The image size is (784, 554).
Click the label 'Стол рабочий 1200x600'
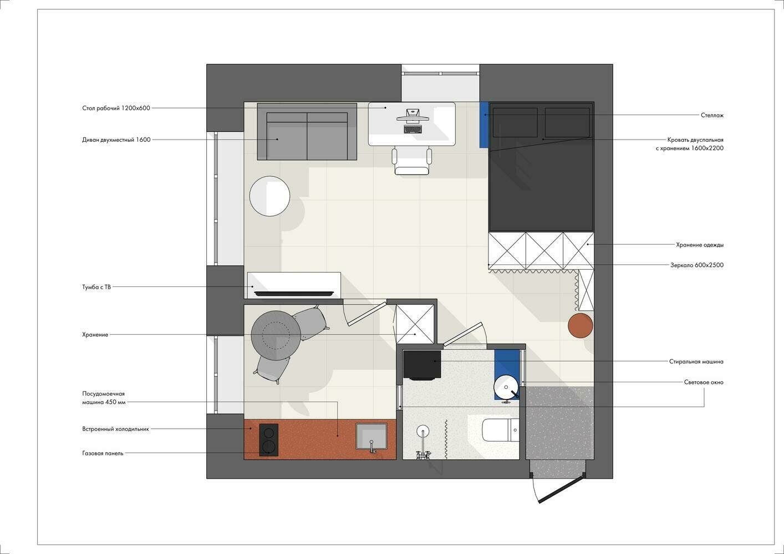[116, 108]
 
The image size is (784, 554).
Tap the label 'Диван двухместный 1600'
[116, 140]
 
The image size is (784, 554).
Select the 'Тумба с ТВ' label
[96, 287]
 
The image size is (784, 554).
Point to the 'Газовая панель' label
[103, 453]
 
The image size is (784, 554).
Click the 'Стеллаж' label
[712, 115]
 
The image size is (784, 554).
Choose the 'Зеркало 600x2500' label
[697, 265]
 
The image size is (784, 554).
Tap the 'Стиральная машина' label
[696, 362]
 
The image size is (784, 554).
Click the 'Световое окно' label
[704, 382]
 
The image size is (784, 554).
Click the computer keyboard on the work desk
[413, 130]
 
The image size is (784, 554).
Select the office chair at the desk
[412, 161]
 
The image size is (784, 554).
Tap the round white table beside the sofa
[269, 196]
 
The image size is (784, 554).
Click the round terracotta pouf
[581, 326]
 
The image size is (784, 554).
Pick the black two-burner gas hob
[269, 440]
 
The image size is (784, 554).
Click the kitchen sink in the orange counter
[371, 437]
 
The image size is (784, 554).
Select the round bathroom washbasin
[506, 387]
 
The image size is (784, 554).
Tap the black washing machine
[422, 365]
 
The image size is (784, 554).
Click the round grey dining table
[276, 335]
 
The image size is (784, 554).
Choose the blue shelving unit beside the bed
[484, 125]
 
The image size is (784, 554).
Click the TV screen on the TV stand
[294, 294]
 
